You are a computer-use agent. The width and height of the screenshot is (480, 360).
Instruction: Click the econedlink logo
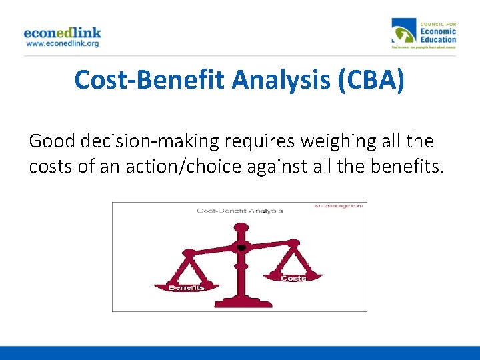pyautogui.click(x=62, y=32)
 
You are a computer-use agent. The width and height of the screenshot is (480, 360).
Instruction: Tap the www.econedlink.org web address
pyautogui.click(x=62, y=43)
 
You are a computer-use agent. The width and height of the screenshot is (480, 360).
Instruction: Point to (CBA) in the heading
pyautogui.click(x=371, y=80)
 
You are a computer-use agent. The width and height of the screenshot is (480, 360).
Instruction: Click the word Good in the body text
pyautogui.click(x=52, y=141)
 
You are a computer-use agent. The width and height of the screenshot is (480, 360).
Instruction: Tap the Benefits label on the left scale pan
pyautogui.click(x=186, y=288)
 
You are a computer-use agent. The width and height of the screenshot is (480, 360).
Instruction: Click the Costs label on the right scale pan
pyautogui.click(x=293, y=278)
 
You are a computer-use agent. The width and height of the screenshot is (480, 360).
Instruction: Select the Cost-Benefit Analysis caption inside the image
pyautogui.click(x=239, y=211)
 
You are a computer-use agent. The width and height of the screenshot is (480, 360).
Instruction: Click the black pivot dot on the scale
pyautogui.click(x=241, y=248)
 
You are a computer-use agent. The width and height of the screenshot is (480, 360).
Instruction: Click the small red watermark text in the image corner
pyautogui.click(x=339, y=207)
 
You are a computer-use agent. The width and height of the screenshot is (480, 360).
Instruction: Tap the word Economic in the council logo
pyautogui.click(x=438, y=31)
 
